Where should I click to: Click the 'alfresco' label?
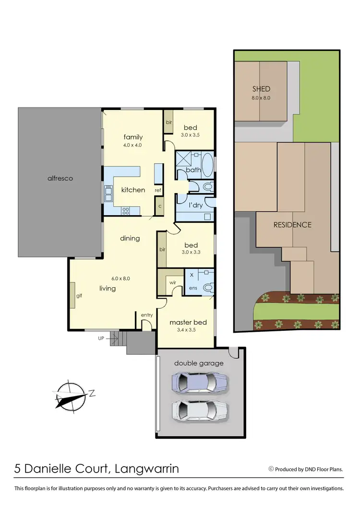(60, 178)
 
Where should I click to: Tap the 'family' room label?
(133, 137)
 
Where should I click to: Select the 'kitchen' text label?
(133, 190)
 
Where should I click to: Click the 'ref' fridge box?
(157, 191)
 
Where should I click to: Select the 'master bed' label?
(188, 322)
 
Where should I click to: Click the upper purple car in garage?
(200, 383)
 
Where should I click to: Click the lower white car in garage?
(200, 411)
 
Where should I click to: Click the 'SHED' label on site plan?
(262, 89)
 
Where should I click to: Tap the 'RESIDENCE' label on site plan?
(292, 225)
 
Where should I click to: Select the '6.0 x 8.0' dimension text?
(120, 278)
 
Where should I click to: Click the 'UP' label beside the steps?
(101, 339)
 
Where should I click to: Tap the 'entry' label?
(146, 315)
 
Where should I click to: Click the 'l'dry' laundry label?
(195, 205)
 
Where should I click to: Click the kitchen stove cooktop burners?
(126, 209)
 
